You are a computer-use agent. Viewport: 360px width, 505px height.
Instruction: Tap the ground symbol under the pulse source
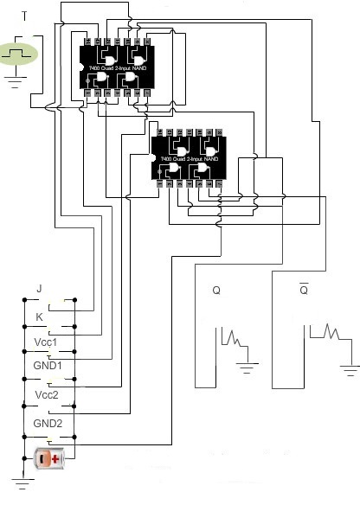point(15,85)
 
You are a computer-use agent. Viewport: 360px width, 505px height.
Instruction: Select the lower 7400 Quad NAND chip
point(188,158)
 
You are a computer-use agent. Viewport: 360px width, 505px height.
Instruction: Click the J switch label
point(39,288)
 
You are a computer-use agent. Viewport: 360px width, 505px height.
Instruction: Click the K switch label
point(39,317)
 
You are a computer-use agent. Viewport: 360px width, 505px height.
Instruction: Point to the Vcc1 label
point(46,342)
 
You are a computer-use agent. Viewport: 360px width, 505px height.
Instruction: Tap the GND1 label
point(47,366)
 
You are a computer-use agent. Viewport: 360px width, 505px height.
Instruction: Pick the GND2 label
point(47,423)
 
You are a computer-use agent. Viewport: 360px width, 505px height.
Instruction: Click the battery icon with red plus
point(48,458)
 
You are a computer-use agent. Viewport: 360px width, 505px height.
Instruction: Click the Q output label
point(216,291)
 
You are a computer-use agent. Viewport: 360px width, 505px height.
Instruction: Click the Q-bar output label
point(304,290)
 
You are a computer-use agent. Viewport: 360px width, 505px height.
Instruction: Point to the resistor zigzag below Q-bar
point(326,332)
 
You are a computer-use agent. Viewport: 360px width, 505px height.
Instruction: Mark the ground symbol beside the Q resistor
point(248,368)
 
